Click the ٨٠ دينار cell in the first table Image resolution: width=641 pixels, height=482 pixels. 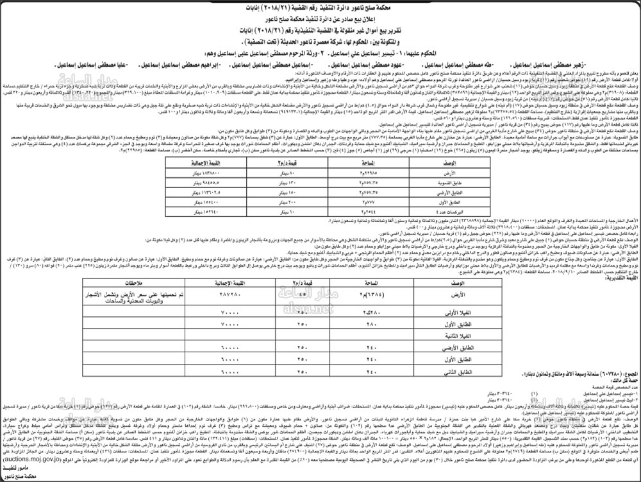click(x=277, y=173)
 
